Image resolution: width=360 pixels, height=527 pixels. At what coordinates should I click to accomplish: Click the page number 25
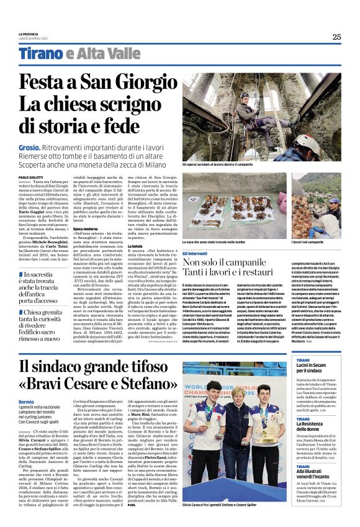(x=336, y=37)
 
